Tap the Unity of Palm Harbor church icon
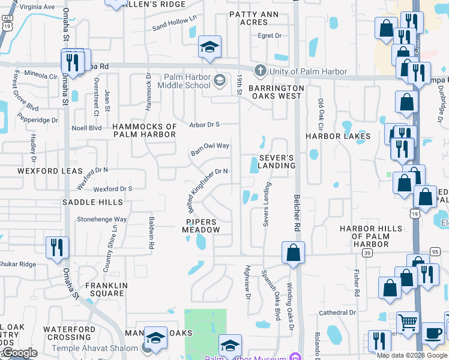pos(260,71)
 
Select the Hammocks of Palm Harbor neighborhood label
pos(145,130)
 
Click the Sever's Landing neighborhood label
pos(277,161)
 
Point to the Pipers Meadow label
pos(200,226)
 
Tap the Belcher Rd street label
pos(297,212)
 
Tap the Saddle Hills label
pos(88,202)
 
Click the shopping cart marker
pos(408,322)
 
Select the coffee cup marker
pos(433,333)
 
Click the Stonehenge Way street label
pos(101,220)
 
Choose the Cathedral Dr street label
pos(338,312)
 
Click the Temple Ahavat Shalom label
pos(103,346)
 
